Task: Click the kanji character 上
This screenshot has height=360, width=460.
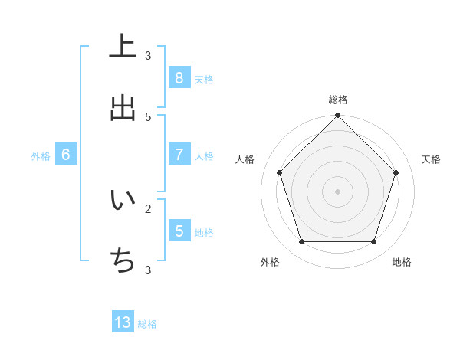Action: (123, 47)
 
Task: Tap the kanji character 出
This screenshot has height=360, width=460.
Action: (123, 108)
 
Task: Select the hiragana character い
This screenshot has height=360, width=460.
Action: (123, 201)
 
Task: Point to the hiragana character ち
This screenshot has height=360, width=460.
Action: (123, 262)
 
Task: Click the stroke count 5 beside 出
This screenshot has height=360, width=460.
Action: (148, 116)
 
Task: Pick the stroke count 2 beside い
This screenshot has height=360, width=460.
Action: (148, 208)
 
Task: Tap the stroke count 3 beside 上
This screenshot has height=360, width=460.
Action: (148, 55)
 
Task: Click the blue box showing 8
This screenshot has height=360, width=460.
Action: (179, 78)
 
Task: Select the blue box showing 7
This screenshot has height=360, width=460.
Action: (179, 155)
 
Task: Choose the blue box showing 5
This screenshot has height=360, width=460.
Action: (179, 231)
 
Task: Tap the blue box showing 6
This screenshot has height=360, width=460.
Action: (66, 155)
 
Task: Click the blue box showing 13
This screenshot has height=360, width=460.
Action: (123, 322)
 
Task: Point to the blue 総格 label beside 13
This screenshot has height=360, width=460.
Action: (147, 324)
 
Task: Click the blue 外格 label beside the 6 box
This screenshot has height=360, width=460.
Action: (41, 156)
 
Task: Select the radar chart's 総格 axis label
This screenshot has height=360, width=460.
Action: (338, 100)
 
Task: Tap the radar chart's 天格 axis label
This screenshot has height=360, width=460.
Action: (431, 159)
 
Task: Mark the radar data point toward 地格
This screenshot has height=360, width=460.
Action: (374, 242)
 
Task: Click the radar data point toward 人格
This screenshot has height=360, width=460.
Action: (279, 172)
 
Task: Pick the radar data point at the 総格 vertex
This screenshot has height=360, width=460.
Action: (338, 116)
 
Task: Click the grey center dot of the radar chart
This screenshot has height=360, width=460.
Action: (338, 191)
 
